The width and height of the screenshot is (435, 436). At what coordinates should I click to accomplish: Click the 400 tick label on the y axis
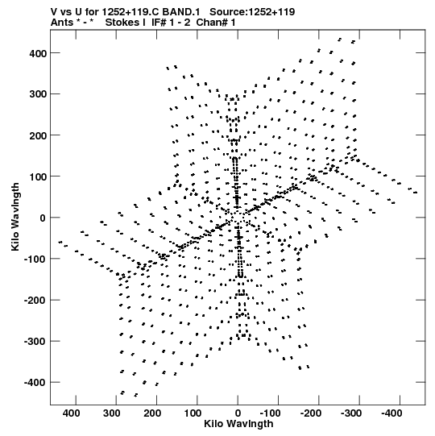click(x=38, y=53)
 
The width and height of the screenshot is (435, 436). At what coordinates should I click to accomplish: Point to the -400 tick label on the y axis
click(x=35, y=383)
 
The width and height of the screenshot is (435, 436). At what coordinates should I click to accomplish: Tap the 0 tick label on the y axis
click(x=43, y=218)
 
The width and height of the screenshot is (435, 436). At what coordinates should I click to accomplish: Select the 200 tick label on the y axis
click(x=38, y=135)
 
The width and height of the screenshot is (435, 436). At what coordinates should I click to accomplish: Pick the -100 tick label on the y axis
click(x=35, y=260)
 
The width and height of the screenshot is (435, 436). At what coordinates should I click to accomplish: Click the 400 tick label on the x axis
click(x=71, y=413)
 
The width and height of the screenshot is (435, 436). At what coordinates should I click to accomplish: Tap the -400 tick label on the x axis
click(x=391, y=413)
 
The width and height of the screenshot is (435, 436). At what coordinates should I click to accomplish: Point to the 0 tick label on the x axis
click(x=238, y=413)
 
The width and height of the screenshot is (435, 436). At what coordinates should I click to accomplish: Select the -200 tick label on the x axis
click(x=310, y=413)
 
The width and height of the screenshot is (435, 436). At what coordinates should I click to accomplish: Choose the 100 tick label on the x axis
click(x=193, y=413)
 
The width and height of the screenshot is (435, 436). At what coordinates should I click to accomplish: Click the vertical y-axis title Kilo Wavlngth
click(x=15, y=217)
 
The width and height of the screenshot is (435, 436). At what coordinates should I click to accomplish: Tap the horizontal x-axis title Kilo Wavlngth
click(x=238, y=424)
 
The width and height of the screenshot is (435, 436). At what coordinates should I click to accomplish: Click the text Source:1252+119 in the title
click(x=252, y=12)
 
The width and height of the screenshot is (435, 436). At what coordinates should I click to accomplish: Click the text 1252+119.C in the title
click(x=131, y=12)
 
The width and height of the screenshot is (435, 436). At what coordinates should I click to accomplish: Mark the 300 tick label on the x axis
click(x=112, y=413)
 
